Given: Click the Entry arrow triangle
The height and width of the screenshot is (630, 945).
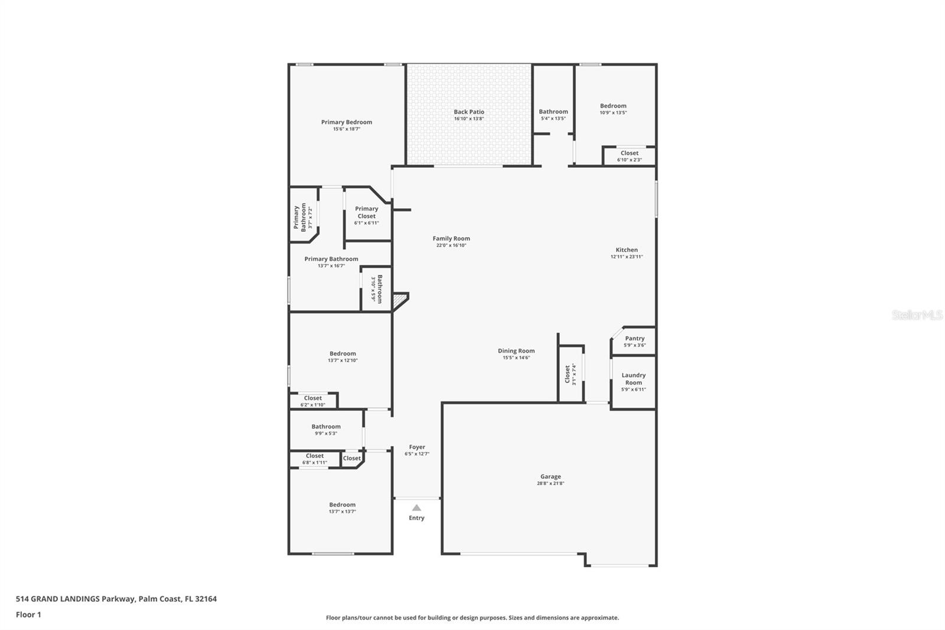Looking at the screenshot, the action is [x=416, y=508].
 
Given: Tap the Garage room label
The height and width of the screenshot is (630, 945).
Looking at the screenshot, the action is [x=550, y=476].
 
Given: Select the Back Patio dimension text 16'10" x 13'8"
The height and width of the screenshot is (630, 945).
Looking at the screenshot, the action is [x=469, y=119].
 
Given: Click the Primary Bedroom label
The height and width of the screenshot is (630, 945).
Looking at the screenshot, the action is [x=346, y=122].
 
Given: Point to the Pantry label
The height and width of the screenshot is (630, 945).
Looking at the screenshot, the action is [x=634, y=338].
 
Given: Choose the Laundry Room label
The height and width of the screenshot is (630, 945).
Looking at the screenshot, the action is [x=633, y=379].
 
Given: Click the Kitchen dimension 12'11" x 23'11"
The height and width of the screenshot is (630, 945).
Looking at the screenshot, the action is [x=627, y=256].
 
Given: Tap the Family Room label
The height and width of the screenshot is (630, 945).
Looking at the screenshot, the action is [x=451, y=238].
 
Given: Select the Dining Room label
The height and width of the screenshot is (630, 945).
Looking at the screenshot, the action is [x=516, y=350].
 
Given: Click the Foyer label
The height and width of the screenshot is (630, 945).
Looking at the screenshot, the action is [x=417, y=447].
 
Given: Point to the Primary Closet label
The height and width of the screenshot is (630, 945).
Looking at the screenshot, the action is [x=366, y=212].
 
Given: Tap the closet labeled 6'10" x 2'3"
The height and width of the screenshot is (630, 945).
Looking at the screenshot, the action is [x=629, y=156].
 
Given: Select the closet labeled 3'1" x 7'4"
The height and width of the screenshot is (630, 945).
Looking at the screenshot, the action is [x=571, y=375].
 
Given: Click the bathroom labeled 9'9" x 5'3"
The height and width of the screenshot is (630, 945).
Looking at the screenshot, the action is [x=325, y=430].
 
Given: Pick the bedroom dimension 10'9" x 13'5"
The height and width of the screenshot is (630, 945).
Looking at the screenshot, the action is [x=613, y=113].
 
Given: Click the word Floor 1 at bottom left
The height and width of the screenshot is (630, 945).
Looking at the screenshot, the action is [x=28, y=615].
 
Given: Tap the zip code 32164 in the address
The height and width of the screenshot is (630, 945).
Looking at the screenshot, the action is [x=206, y=598].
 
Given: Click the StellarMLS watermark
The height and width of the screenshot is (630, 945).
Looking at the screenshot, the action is [x=917, y=314].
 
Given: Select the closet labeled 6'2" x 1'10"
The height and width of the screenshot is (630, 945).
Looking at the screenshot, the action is [x=312, y=401].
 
